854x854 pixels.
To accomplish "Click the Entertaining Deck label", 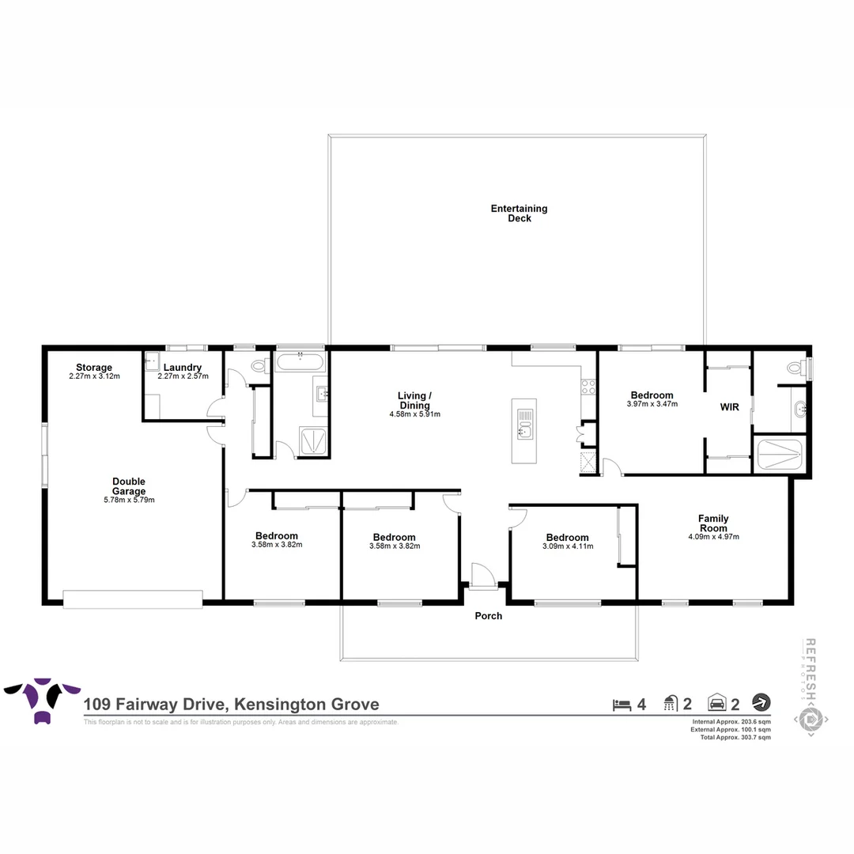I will click(519, 213).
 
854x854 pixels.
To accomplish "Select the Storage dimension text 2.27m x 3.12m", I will click(94, 377).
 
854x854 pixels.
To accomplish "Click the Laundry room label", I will click(183, 368).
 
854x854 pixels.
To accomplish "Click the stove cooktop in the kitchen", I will click(588, 387).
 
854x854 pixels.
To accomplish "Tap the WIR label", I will click(729, 407).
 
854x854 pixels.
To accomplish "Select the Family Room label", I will click(712, 523).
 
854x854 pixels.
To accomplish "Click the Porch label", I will click(488, 616).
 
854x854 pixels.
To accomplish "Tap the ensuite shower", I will click(780, 455).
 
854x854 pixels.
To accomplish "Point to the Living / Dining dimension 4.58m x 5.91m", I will click(414, 414).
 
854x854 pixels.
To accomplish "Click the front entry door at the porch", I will click(482, 576).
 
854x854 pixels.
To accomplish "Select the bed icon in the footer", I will click(622, 703).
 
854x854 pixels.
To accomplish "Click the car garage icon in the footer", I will click(717, 703).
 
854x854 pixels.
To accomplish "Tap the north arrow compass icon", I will click(761, 702).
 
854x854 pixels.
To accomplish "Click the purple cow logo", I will click(42, 699).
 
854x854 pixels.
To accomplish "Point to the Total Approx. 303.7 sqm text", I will click(731, 737).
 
